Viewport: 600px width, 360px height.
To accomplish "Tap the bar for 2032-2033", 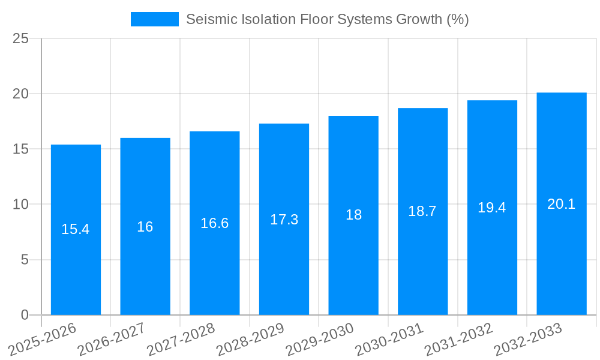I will click(562, 258).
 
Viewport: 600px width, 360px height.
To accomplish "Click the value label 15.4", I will click(76, 229).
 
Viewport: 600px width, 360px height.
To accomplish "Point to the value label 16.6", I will click(215, 223).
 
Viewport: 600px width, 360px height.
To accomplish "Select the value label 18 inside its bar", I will click(354, 215).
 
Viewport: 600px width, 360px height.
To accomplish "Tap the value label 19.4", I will click(492, 208).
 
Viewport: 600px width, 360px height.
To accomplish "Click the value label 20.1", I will click(562, 204).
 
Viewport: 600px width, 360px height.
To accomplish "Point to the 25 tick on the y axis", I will click(21, 39).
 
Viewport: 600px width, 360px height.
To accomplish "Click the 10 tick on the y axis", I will click(21, 205).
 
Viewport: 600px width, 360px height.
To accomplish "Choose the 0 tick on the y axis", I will click(25, 315).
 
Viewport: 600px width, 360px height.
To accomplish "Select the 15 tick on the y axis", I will click(21, 149).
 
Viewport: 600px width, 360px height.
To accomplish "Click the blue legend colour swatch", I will click(155, 19).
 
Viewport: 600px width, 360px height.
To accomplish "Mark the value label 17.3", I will click(284, 220).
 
